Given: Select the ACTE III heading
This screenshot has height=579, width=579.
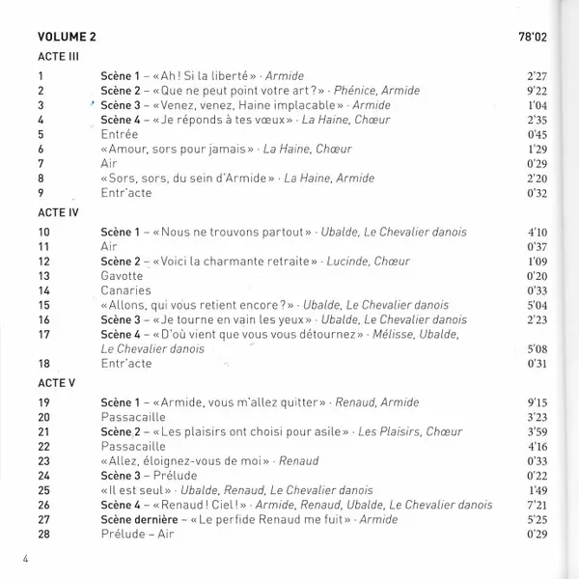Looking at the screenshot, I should [x=56, y=58].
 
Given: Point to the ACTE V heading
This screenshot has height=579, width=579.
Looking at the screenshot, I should [x=54, y=381].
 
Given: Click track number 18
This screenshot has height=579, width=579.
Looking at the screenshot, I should [x=43, y=364].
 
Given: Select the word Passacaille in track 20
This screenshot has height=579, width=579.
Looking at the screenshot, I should [x=132, y=416].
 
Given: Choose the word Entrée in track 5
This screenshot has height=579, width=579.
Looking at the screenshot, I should [x=120, y=135].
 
